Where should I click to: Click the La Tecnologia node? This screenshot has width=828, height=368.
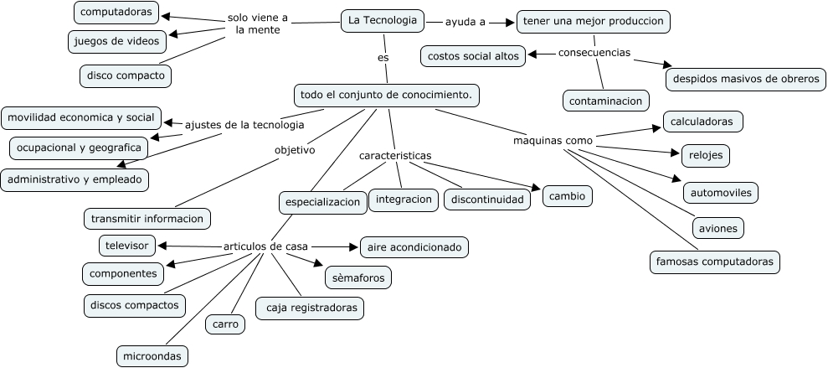(x=383, y=21)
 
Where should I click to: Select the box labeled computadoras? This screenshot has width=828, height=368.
(x=116, y=13)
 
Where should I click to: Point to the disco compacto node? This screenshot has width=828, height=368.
(x=126, y=75)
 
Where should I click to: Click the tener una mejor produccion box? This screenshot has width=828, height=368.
(x=594, y=21)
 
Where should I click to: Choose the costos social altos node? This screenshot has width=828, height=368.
(x=473, y=56)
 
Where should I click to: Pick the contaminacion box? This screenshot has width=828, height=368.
(x=606, y=101)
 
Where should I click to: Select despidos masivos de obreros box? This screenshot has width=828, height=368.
(x=745, y=80)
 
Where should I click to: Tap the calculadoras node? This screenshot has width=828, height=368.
(x=702, y=122)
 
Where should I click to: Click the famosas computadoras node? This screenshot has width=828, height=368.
(x=715, y=262)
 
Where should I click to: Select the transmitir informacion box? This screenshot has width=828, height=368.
(x=147, y=219)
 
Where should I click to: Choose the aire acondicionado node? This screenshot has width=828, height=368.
(x=414, y=247)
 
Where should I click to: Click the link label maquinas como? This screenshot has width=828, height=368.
(x=553, y=140)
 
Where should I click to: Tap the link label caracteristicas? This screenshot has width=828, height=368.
(x=395, y=156)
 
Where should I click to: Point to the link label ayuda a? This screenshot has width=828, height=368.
(x=465, y=22)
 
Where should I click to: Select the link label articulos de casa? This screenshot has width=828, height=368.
(x=265, y=246)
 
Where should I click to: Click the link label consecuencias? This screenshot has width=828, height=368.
(x=594, y=52)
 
